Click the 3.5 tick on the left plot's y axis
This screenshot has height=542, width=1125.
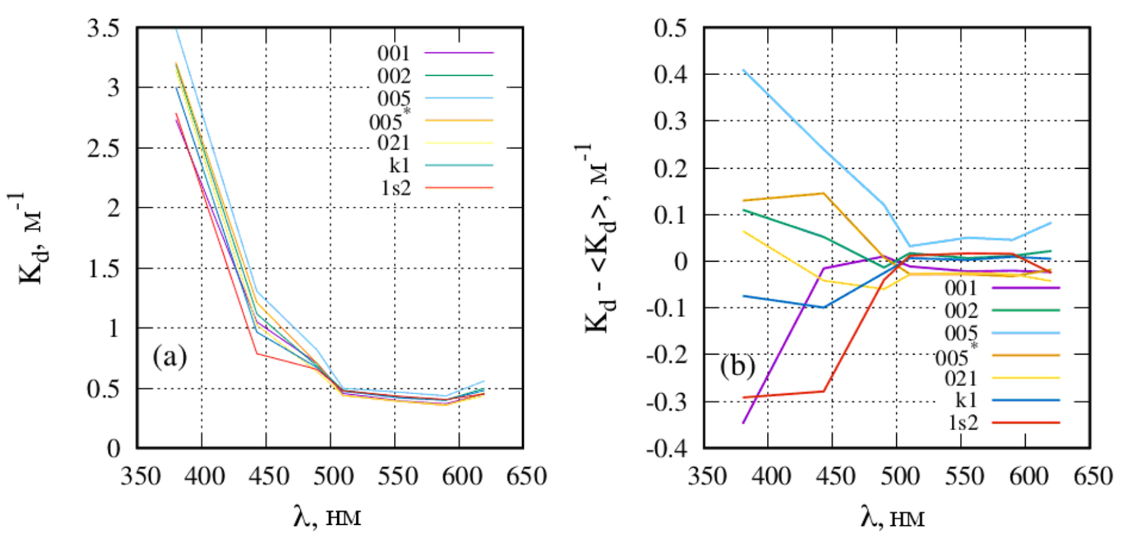(103, 29)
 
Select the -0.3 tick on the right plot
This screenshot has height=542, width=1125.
(666, 402)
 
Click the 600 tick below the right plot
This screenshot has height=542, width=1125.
(1028, 476)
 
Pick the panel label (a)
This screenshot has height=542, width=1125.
(170, 357)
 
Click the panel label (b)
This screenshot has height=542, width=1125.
(737, 366)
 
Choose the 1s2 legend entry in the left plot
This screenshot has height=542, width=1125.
(395, 187)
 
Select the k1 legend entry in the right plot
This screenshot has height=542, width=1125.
(966, 400)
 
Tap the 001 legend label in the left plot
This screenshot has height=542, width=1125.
(393, 54)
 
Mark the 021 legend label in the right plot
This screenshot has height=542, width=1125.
(960, 378)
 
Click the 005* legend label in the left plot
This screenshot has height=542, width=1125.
(388, 121)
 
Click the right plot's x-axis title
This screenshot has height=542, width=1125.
(893, 517)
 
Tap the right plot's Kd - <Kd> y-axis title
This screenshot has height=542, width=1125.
(597, 240)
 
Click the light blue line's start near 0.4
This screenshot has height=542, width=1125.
(743, 70)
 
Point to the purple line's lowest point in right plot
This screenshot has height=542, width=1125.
(743, 423)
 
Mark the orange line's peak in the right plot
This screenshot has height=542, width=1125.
(824, 193)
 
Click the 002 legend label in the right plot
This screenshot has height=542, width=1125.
(960, 310)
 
